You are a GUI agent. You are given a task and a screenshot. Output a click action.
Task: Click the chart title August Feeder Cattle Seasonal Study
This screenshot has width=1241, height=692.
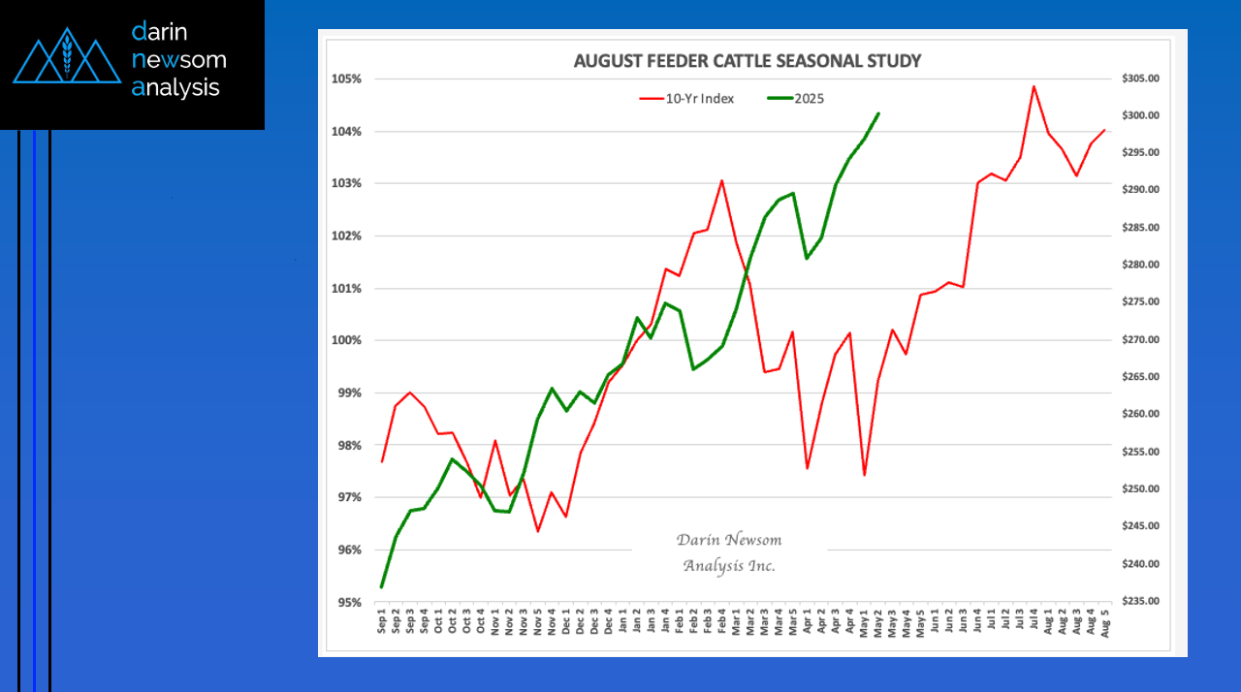coord(747,61)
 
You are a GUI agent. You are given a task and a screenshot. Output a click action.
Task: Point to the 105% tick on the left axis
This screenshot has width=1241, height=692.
coord(348,79)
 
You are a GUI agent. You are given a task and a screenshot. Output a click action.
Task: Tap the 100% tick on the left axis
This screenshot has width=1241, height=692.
coord(348,340)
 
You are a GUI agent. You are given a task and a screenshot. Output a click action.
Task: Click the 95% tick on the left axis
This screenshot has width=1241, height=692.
coord(350,602)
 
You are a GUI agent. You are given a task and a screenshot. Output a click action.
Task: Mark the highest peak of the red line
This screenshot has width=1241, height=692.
coord(1034,86)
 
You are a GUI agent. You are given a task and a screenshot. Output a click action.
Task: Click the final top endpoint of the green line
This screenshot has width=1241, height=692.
coord(878,113)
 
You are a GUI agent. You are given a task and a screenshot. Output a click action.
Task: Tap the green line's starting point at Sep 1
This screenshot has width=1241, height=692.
coord(382,587)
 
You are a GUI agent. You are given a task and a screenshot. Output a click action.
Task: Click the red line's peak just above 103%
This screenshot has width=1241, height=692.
coord(721,180)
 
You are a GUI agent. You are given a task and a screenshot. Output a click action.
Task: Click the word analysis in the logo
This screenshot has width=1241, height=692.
coord(175,88)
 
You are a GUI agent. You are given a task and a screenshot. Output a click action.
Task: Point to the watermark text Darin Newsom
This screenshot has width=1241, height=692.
coord(729,540)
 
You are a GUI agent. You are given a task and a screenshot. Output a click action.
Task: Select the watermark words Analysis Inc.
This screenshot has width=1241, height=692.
coord(729,565)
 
